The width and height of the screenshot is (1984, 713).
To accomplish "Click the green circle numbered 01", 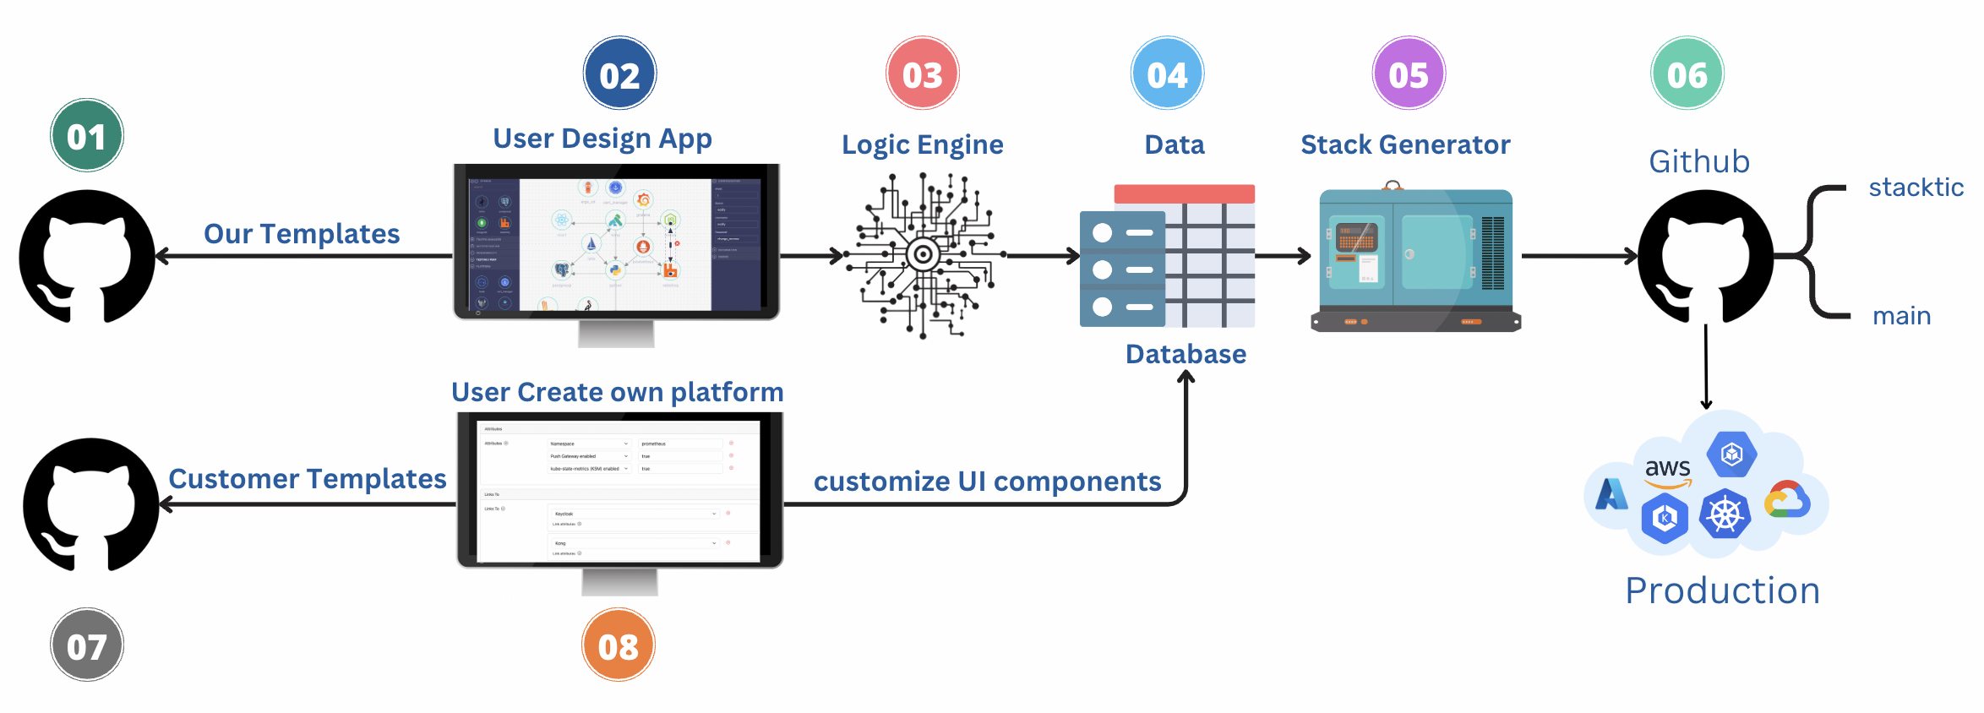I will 87,136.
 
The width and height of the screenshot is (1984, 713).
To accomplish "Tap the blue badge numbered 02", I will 619,74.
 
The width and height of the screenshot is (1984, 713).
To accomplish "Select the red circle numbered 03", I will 922,74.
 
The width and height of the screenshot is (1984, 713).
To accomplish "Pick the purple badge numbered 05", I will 1409,74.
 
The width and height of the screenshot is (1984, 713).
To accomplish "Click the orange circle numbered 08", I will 618,646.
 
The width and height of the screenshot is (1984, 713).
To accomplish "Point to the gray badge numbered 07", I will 87,646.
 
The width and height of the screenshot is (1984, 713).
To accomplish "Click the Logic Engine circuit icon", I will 924,254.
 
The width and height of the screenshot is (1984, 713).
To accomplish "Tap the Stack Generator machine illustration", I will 1415,258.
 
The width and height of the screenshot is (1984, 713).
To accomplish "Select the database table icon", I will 1168,257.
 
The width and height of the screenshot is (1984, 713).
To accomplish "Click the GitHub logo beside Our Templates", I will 87,256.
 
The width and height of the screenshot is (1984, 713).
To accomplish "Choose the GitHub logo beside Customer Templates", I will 91,504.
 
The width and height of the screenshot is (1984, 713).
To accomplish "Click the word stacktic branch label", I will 1916,187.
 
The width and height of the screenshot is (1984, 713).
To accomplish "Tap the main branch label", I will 1901,316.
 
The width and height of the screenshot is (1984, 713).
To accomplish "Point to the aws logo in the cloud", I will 1667,470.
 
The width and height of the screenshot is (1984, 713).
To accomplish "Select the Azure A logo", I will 1611,494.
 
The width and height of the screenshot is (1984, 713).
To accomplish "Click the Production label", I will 1722,591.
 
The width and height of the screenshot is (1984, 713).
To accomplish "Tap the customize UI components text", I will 987,482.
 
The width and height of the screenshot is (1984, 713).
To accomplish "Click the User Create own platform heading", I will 617,392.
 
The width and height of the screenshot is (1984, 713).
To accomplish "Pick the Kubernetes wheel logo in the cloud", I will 1725,514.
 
